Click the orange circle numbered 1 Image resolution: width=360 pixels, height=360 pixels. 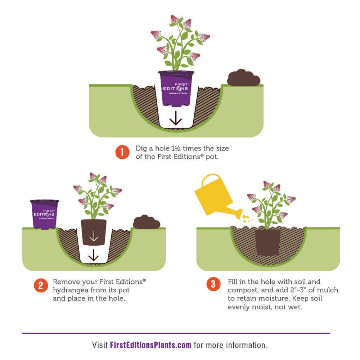point(122,152)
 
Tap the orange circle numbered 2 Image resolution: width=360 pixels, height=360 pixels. point(41,285)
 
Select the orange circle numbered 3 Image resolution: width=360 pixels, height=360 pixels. point(213,284)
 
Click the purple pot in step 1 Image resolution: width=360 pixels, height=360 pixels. point(176,89)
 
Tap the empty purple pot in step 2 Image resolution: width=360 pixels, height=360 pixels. point(44,214)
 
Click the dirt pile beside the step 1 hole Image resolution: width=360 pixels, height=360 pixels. point(244,78)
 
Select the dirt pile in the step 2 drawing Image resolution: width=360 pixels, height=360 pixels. point(147,222)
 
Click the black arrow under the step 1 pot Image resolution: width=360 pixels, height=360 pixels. point(176,118)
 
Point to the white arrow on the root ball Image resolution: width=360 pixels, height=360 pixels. point(94,236)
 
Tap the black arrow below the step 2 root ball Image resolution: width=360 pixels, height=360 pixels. point(94,255)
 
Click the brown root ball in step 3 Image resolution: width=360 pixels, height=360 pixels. point(268,241)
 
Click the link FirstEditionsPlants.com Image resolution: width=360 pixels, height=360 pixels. point(150,345)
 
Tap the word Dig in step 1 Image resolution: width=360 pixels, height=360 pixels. point(141,149)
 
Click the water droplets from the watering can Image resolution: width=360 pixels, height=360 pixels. point(247,219)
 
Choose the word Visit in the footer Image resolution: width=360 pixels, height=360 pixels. point(100,345)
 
